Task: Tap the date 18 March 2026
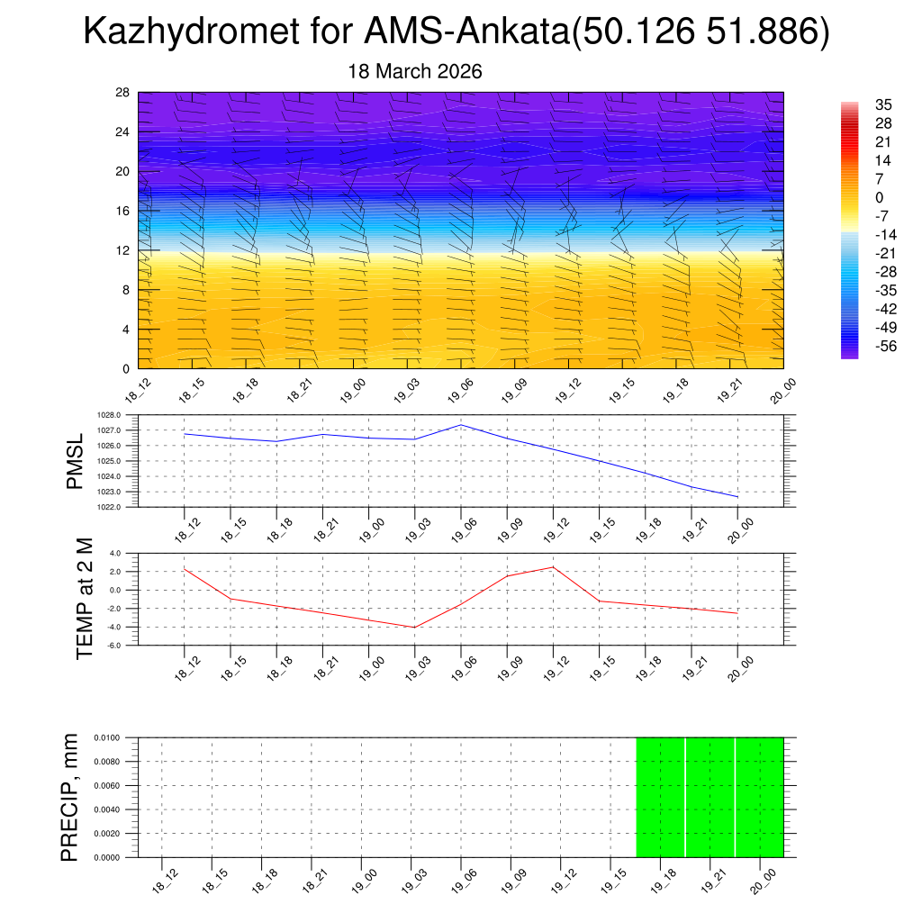415,71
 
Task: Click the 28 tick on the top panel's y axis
123,93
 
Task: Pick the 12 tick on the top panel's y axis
123,250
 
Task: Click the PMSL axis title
75,461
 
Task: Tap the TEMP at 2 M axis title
85,599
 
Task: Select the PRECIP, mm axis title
69,797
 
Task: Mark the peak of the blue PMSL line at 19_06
461,425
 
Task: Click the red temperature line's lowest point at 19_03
415,627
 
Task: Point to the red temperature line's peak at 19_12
553,567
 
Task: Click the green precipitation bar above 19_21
710,797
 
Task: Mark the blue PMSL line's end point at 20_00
737,497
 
